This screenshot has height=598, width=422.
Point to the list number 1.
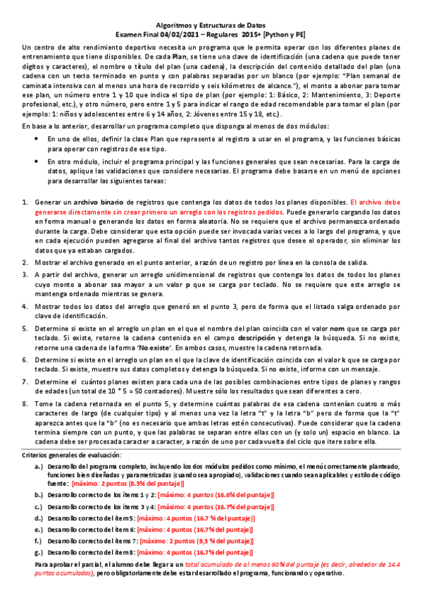point(25,202)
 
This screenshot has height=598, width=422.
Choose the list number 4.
point(25,307)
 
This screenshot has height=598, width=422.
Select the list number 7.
point(25,382)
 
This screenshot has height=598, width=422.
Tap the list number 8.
point(25,403)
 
